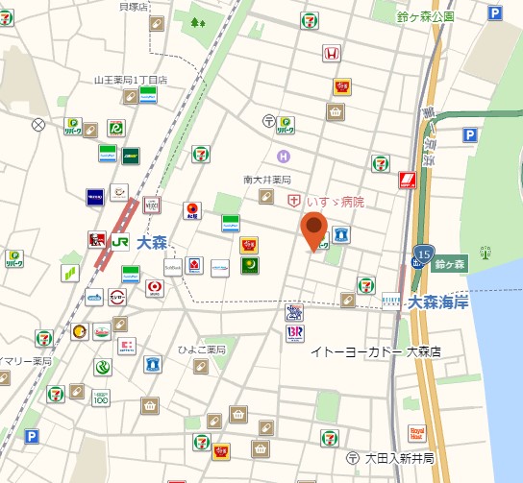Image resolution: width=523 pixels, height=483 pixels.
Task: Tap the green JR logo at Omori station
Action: [x=121, y=241]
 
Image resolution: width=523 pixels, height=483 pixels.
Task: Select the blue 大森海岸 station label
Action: [x=436, y=302]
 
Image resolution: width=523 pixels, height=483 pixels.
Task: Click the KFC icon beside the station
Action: [x=95, y=239]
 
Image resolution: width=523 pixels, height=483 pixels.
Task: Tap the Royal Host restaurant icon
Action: [x=417, y=434]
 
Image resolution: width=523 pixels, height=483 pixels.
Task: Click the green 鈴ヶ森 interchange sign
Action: [x=449, y=262]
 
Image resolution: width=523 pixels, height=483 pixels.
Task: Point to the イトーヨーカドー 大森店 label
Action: [x=375, y=351]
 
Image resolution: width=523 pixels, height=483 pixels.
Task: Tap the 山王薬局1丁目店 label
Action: [x=131, y=80]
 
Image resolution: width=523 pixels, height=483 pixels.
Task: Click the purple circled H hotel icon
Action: [x=283, y=157]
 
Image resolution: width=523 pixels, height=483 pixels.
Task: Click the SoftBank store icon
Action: [x=173, y=267]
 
